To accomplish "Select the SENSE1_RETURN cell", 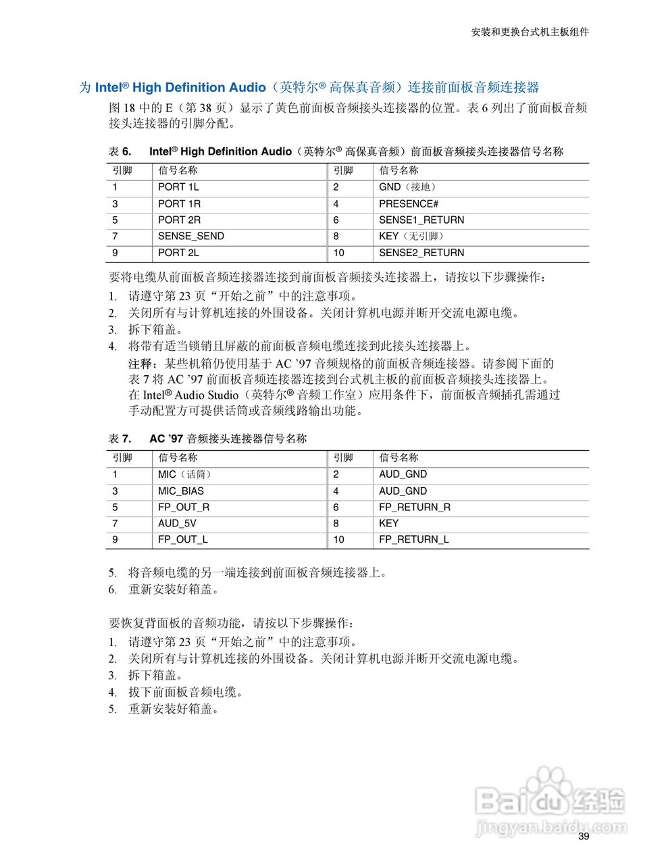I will point(421,220).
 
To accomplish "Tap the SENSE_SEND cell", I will point(190,236).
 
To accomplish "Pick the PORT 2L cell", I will point(178,253).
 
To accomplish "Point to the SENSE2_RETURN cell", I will point(421,253).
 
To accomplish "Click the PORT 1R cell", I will point(179,203).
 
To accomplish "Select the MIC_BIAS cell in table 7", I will point(180,491).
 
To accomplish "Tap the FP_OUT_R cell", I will point(184,507).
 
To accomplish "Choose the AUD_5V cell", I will point(177,523).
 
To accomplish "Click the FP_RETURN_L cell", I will point(414,539).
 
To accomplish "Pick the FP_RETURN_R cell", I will point(415,507).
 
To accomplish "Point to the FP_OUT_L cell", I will point(183,539).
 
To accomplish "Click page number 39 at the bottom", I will point(584,837).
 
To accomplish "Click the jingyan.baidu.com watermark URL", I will point(550,826).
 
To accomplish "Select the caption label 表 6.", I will point(120,151).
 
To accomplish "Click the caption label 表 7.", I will point(120,439).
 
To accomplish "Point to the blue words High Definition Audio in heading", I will point(199,87).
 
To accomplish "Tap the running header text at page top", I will point(530,32).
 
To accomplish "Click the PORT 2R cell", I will point(179,220).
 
